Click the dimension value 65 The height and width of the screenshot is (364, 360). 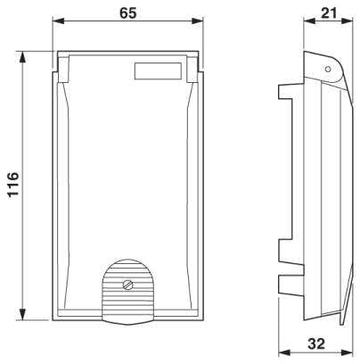tap(128, 12)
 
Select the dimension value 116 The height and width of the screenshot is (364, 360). tap(13, 185)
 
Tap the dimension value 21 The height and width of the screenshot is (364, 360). tap(329, 13)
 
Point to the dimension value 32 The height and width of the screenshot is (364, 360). tap(316, 343)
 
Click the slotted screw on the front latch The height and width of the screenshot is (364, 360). tap(128, 285)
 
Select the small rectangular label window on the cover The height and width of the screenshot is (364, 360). tap(158, 71)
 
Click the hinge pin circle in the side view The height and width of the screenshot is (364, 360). tap(328, 70)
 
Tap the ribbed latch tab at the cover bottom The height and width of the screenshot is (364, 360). tap(128, 292)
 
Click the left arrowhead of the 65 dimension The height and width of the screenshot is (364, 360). tap(59, 21)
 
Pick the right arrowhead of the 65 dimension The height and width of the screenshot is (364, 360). tap(198, 21)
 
